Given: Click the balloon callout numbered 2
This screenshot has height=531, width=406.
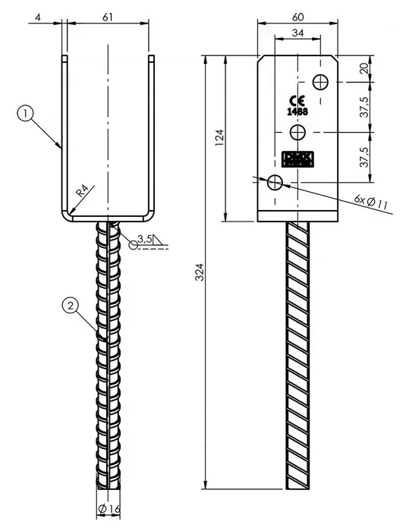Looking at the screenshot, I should [x=69, y=306].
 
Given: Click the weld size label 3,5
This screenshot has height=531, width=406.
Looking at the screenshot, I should [x=146, y=240].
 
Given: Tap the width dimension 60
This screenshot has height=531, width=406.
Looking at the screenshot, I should [x=298, y=14].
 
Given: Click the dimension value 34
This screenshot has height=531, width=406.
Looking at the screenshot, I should [x=298, y=33].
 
